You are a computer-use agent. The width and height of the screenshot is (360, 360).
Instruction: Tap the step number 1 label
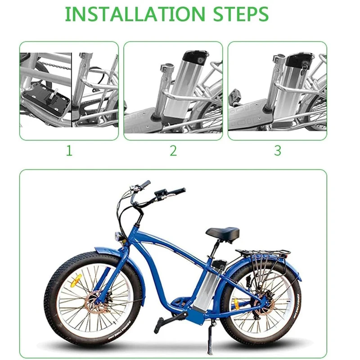(x=69, y=151)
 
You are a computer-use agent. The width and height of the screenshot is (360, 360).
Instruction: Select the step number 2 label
(x=173, y=151)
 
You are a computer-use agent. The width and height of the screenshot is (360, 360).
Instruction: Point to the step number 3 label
(x=278, y=151)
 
